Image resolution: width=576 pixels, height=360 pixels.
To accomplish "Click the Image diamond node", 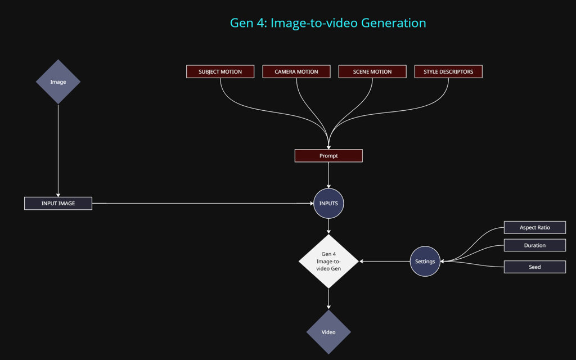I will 58,82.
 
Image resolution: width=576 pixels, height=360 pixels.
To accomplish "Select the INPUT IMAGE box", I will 58,203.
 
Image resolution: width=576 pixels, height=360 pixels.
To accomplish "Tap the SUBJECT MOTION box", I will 220,71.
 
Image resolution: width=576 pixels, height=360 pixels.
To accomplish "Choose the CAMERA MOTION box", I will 296,71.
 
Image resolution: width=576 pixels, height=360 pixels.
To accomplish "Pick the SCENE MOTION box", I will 372,71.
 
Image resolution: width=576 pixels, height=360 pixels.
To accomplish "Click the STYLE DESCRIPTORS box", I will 448,71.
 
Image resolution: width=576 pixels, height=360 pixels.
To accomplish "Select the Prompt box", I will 328,155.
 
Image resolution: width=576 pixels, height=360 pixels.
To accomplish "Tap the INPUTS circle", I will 328,203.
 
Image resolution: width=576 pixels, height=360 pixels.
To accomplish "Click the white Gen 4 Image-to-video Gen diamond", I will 328,261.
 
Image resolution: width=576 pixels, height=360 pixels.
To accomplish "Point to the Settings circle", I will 425,261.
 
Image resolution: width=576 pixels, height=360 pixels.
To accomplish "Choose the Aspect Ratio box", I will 534,227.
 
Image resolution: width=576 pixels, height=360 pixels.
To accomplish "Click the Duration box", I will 534,245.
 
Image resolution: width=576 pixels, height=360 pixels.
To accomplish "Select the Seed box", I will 534,267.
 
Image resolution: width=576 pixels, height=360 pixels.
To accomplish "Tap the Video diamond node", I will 328,332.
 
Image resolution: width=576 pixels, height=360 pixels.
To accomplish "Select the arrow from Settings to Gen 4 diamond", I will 385,261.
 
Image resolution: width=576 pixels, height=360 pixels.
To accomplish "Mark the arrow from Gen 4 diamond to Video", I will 328,299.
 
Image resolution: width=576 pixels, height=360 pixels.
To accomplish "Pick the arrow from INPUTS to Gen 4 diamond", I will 328,226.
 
